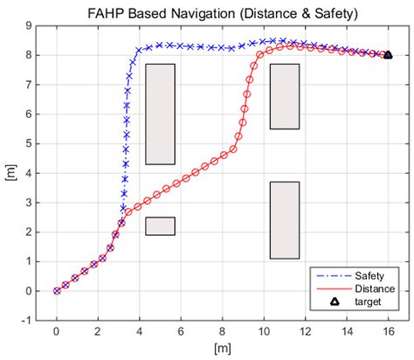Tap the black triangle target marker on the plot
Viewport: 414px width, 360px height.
[388, 54]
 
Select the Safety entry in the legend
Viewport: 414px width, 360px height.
[367, 274]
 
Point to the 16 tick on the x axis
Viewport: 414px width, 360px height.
[388, 331]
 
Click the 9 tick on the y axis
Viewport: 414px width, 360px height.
[30, 25]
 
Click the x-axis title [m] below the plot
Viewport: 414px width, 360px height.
[222, 348]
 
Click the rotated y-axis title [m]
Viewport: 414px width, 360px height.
[10, 173]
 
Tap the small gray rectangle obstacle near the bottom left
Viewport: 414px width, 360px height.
[161, 226]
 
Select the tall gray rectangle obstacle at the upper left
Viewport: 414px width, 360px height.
[161, 114]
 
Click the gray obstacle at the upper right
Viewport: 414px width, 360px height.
[285, 96]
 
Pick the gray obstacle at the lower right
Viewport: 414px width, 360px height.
[285, 220]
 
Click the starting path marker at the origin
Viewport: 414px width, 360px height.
[57, 291]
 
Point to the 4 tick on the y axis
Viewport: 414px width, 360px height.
[30, 173]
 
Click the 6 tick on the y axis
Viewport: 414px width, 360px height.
[30, 114]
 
